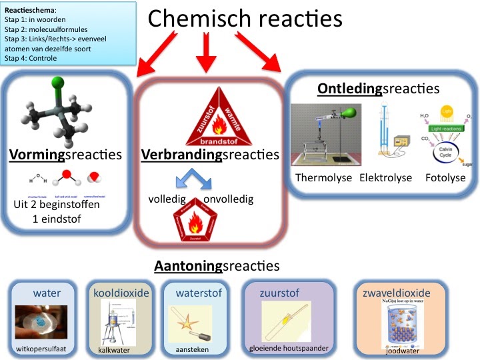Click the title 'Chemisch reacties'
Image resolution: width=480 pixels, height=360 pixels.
[245, 19]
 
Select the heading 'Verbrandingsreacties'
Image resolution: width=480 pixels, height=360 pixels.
[210, 155]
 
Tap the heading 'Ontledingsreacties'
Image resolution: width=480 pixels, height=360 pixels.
[378, 89]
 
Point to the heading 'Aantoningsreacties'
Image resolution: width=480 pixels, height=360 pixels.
[217, 266]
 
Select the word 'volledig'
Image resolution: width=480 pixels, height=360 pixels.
[169, 199]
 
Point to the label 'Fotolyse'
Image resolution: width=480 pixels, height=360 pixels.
[445, 178]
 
